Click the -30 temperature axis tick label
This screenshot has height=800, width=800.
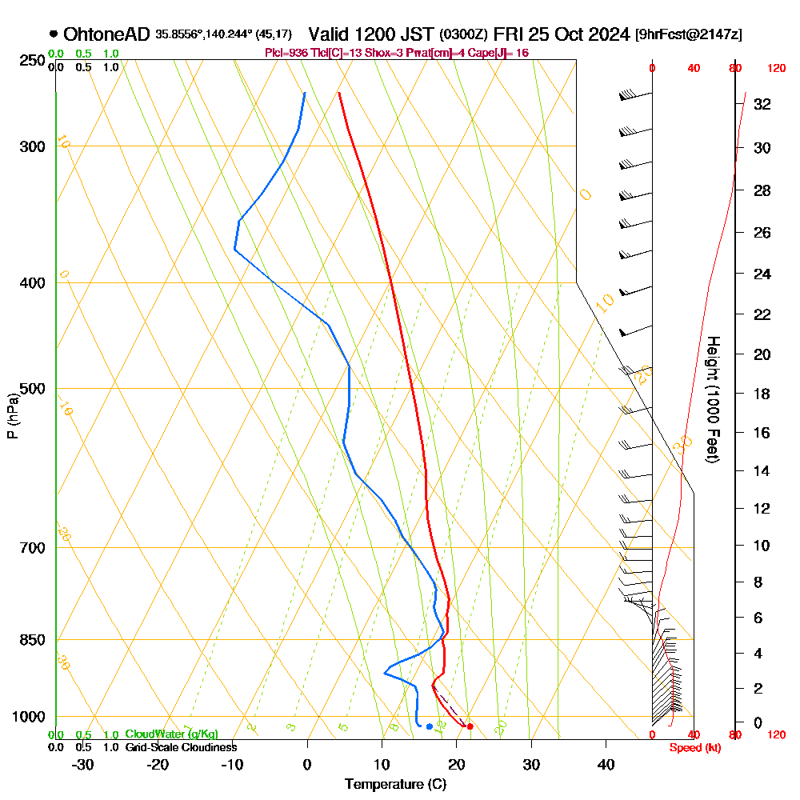pyautogui.click(x=83, y=764)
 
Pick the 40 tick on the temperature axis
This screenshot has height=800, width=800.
pyautogui.click(x=606, y=764)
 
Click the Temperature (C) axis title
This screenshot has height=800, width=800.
pyautogui.click(x=395, y=785)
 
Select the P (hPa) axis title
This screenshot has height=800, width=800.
pyautogui.click(x=12, y=415)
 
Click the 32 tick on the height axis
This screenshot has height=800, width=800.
pyautogui.click(x=762, y=104)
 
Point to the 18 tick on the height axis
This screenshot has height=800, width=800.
pyautogui.click(x=762, y=394)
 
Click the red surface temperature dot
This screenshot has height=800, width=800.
pyautogui.click(x=470, y=726)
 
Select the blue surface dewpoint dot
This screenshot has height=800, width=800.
pyautogui.click(x=430, y=726)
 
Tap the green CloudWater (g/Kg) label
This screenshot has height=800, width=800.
pyautogui.click(x=171, y=734)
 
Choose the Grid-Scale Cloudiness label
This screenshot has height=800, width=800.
pyautogui.click(x=181, y=747)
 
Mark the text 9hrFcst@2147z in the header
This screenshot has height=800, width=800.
pyautogui.click(x=687, y=34)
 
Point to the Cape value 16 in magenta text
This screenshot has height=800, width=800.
pyautogui.click(x=522, y=53)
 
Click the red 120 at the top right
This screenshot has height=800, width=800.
pyautogui.click(x=775, y=69)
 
